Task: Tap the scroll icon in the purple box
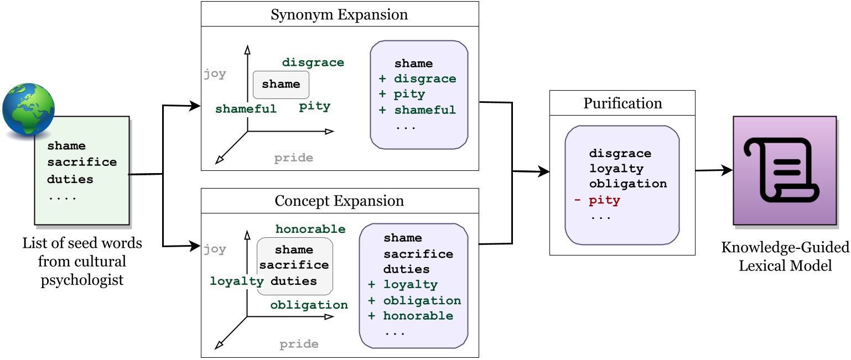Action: pos(785,170)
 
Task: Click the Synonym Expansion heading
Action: pos(339,14)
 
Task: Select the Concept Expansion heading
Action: pos(339,201)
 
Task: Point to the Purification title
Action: pos(622,103)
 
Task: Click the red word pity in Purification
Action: pos(604,200)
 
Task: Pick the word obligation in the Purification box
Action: pos(627,184)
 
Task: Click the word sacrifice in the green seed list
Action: pos(82,162)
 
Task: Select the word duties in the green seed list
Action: pos(70,179)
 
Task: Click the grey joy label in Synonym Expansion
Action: pos(215,74)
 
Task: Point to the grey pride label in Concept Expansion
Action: pos(299,344)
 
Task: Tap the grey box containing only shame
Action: pos(281,85)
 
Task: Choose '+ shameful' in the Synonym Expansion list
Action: pos(417,109)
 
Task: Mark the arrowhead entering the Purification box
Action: pos(544,172)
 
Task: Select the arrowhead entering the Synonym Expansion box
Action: pos(194,105)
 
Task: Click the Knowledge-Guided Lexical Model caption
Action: pos(785,256)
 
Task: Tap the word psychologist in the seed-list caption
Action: pos(82,280)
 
